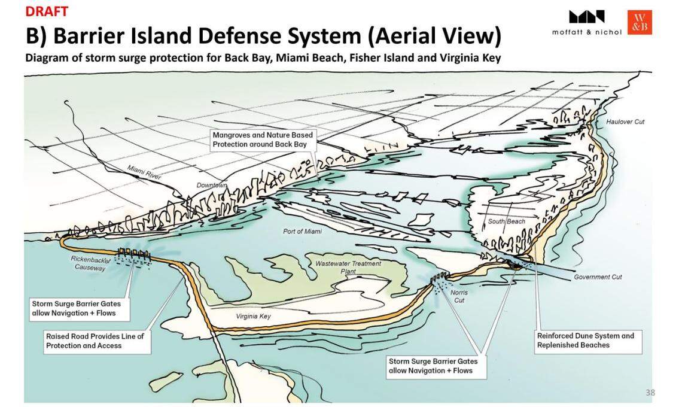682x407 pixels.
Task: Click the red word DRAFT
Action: (x=47, y=11)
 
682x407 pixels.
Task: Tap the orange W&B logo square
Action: (x=640, y=22)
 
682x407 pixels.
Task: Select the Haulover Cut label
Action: (x=625, y=122)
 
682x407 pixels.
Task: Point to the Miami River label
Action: (x=143, y=173)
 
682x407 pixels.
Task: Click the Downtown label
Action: (x=212, y=186)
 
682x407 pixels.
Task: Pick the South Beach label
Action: (x=506, y=222)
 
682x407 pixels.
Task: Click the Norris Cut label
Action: (x=459, y=296)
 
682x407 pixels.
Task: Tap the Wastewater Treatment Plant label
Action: (x=348, y=267)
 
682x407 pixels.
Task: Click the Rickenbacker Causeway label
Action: (x=90, y=263)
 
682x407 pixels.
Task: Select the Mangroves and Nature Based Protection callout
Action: (x=262, y=140)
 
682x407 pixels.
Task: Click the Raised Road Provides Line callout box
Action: (x=95, y=341)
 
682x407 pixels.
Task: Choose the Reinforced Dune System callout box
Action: (x=585, y=340)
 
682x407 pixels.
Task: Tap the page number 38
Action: (x=650, y=393)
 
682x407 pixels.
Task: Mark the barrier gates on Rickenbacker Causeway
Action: (x=134, y=254)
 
